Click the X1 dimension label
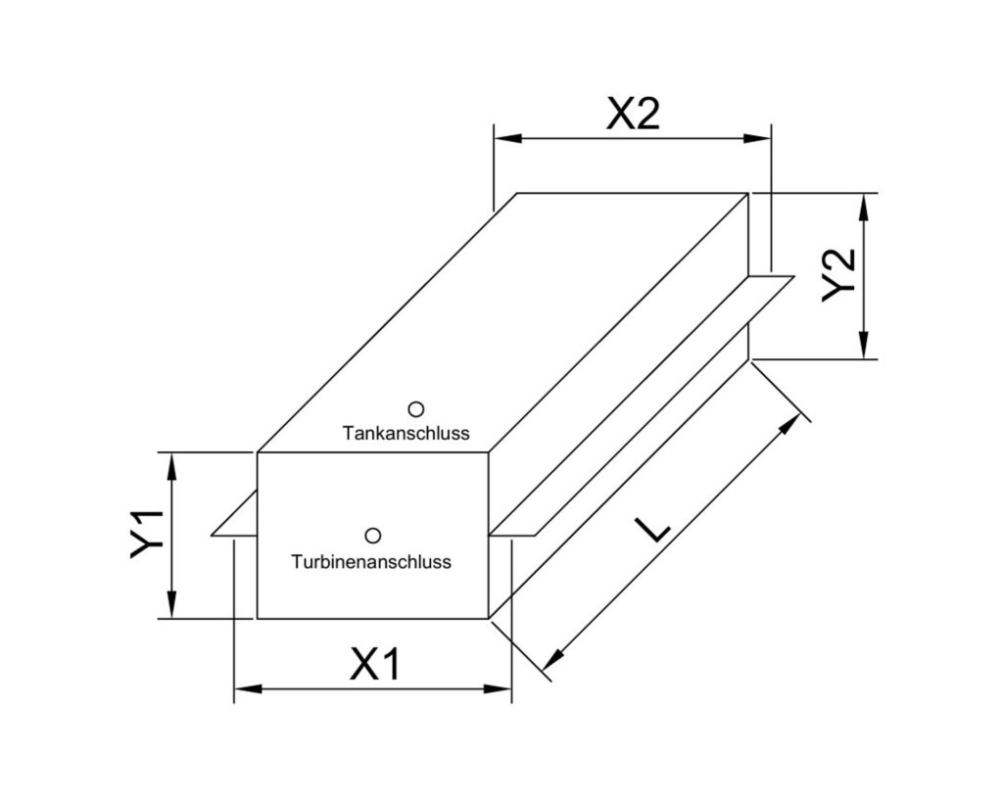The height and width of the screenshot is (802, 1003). tap(375, 664)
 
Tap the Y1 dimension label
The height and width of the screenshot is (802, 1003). tap(148, 534)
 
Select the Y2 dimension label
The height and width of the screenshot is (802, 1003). tap(838, 274)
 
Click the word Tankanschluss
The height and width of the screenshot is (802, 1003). tap(406, 433)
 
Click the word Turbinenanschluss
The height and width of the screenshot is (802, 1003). tap(371, 561)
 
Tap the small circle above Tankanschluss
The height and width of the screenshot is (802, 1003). tap(415, 408)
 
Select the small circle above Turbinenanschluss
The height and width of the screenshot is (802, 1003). tap(372, 535)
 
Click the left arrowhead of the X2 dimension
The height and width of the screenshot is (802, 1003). tap(508, 138)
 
